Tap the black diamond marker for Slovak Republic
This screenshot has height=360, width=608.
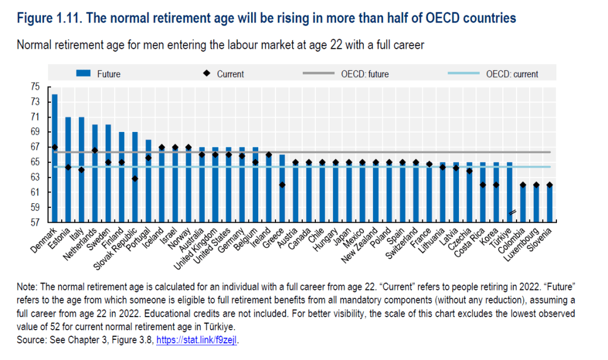coord(135,178)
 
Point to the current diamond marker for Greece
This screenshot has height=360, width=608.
coord(283,185)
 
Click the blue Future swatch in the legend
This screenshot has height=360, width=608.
coord(83,74)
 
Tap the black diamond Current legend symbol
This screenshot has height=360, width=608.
coord(207,74)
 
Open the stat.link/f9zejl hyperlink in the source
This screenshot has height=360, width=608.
coord(197,340)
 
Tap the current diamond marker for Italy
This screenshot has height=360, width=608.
coord(82,170)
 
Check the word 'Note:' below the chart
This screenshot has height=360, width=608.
coord(28,286)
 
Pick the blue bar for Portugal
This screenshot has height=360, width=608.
coord(148,181)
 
